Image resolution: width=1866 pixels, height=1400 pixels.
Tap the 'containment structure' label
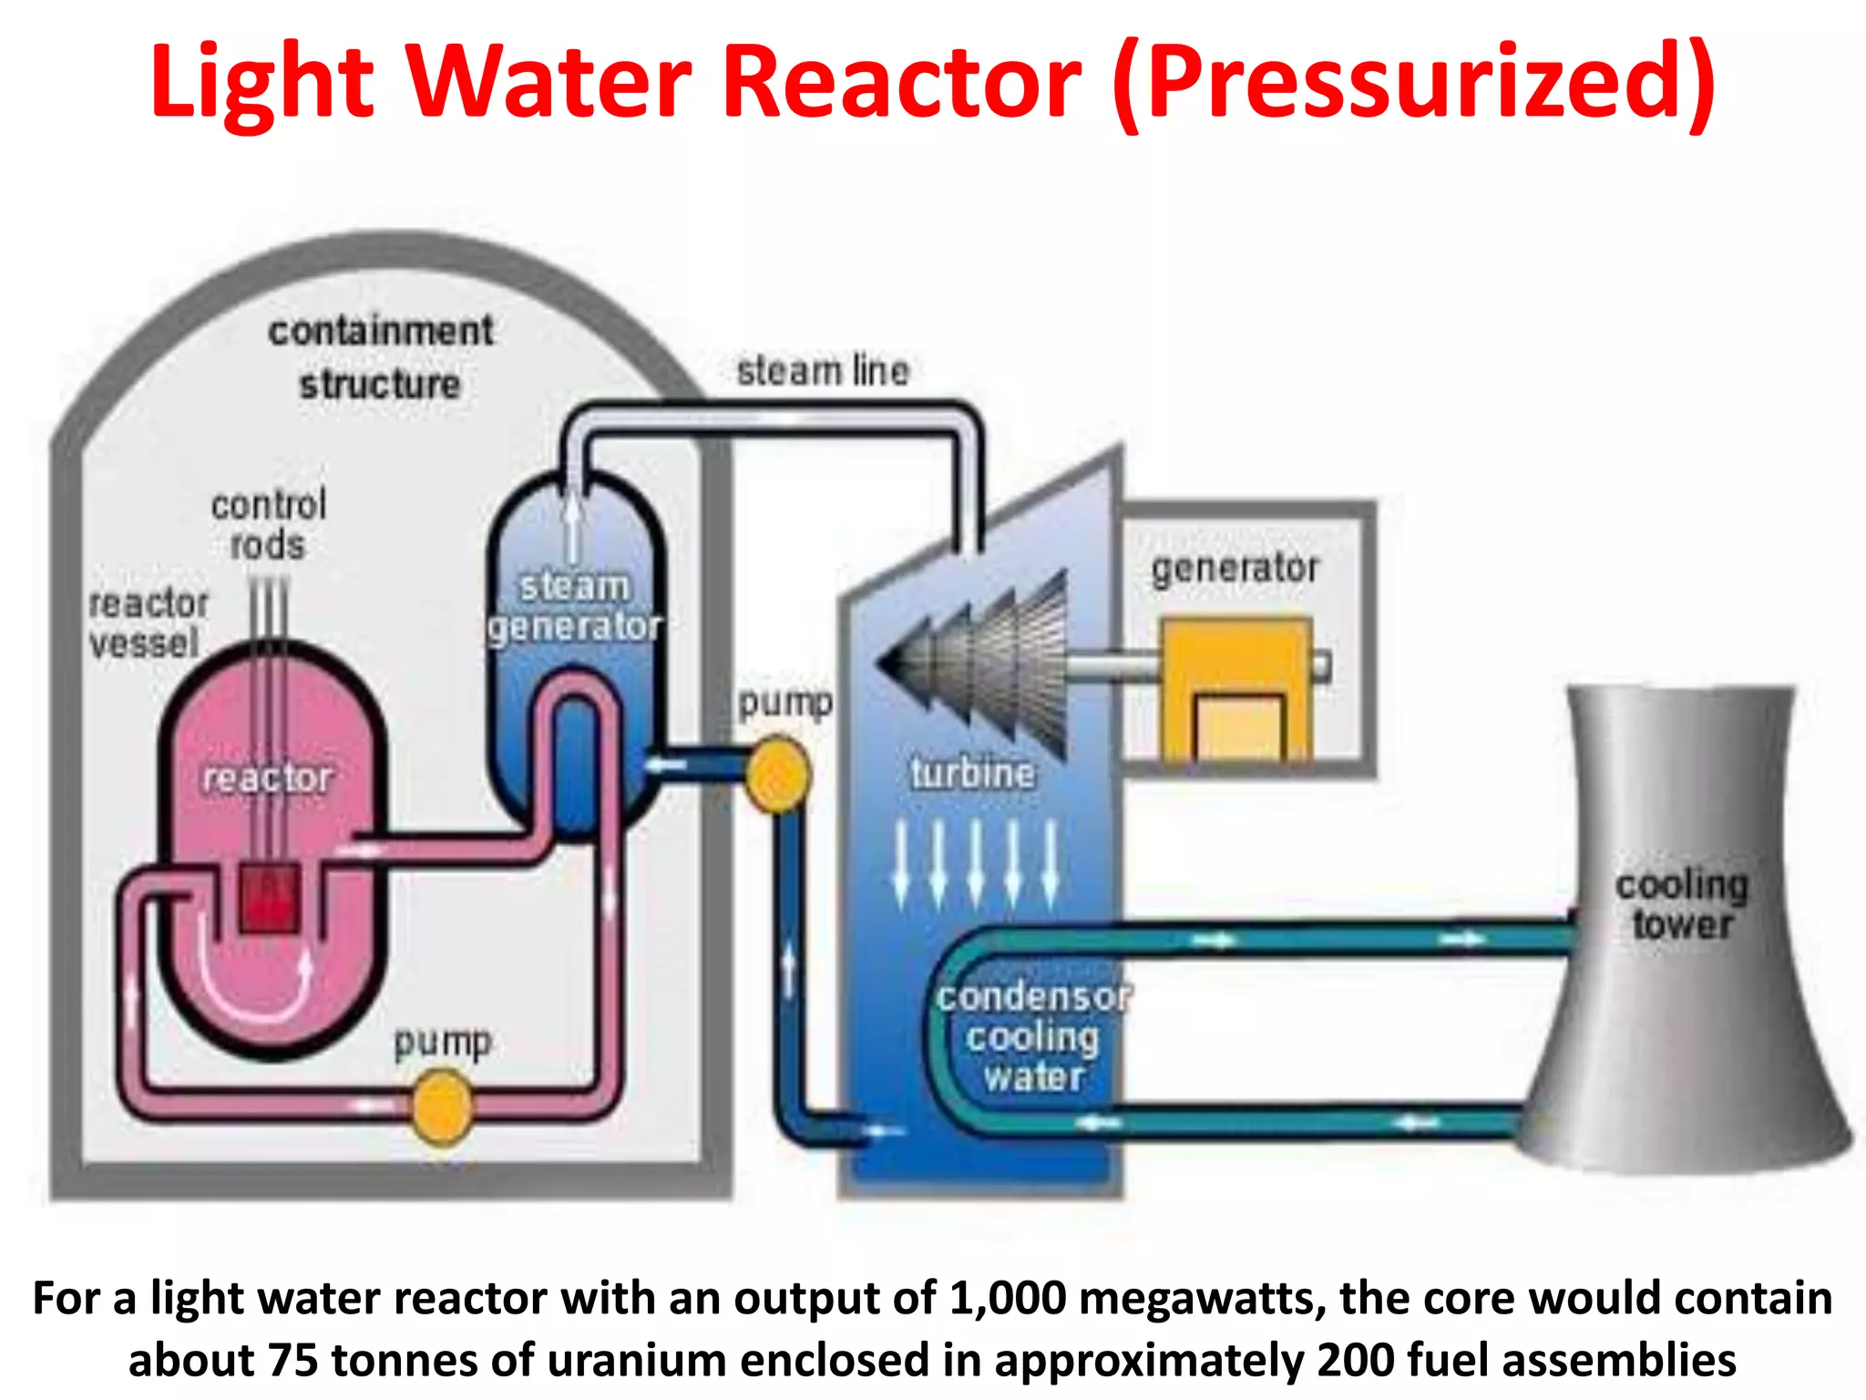point(381,357)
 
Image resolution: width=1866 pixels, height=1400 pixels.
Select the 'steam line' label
point(823,371)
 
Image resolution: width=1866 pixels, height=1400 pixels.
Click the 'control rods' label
point(268,525)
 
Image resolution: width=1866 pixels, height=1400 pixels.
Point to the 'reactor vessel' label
point(148,623)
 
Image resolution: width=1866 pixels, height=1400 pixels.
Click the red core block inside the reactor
point(269,898)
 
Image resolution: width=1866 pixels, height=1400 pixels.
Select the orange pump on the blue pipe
point(777,775)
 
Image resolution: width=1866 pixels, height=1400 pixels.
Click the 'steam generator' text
point(574,606)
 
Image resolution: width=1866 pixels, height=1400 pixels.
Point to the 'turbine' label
point(972,773)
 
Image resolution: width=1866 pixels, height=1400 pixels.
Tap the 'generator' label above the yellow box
point(1235,568)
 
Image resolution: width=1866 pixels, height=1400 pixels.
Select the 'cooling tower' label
point(1682,904)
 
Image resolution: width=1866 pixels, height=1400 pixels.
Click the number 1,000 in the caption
point(1007,1297)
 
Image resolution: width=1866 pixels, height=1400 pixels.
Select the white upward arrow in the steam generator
point(572,529)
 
